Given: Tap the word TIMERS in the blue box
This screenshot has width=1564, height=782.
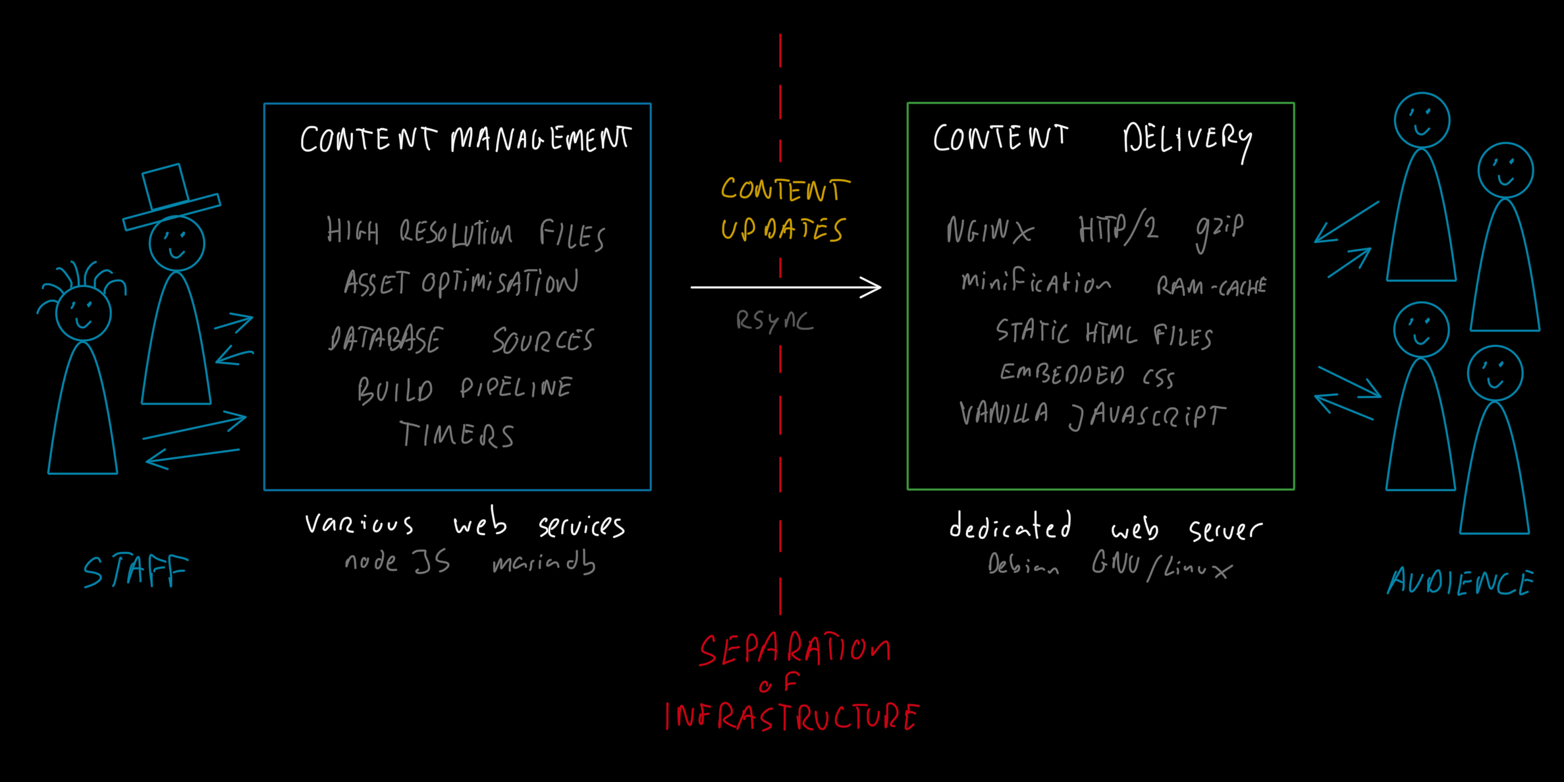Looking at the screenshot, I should [x=457, y=435].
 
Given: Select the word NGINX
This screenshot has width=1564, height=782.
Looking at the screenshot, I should [x=990, y=231].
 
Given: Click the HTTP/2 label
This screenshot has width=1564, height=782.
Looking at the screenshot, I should [x=1118, y=229].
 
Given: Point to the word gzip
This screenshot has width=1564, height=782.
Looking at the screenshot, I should [x=1220, y=230].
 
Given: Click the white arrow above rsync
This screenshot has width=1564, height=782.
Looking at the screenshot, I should [x=786, y=287].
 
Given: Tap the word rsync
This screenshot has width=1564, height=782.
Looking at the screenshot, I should [x=774, y=321].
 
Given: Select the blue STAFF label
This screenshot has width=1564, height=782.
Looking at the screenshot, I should [x=136, y=571].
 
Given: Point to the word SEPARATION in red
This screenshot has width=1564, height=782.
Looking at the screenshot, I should [x=795, y=650].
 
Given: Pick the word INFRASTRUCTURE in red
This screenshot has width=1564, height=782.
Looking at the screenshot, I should [x=792, y=717].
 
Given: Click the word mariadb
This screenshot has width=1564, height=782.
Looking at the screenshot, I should [x=544, y=563].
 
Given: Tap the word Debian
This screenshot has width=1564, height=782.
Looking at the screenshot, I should [x=1023, y=565].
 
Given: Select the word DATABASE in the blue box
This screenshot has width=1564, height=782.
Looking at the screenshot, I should [x=385, y=340].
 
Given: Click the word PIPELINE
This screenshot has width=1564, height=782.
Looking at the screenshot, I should [x=516, y=388].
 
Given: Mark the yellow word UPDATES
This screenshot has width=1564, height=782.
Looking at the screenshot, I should [x=782, y=230].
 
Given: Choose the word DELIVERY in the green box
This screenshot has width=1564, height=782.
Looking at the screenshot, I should [x=1187, y=139].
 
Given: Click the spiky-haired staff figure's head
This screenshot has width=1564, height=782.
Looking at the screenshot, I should [x=83, y=313].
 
